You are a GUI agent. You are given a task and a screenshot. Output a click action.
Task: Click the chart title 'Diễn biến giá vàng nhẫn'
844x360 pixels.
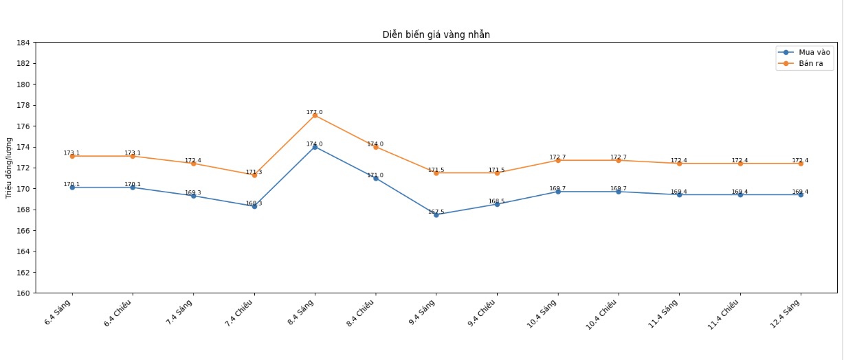click(x=436, y=34)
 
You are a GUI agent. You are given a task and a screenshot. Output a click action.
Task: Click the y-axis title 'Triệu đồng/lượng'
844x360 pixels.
click(x=10, y=168)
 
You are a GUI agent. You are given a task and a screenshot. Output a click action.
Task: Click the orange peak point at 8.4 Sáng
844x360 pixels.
click(x=315, y=115)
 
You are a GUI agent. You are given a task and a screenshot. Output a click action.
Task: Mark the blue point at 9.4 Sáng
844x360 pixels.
click(x=436, y=214)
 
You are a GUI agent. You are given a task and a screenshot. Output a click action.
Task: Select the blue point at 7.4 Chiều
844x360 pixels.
click(x=254, y=206)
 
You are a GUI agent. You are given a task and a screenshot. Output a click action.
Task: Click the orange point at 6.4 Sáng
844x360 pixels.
click(x=72, y=156)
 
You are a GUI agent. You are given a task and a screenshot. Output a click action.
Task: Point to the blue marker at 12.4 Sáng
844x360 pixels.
click(x=801, y=194)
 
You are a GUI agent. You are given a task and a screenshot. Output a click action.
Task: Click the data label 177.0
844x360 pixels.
click(x=314, y=112)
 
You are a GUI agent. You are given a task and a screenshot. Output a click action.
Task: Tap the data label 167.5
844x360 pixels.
click(x=436, y=212)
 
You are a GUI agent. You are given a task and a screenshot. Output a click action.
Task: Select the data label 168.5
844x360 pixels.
click(x=496, y=201)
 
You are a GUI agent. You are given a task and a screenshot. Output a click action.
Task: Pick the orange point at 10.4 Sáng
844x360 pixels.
click(x=558, y=160)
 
